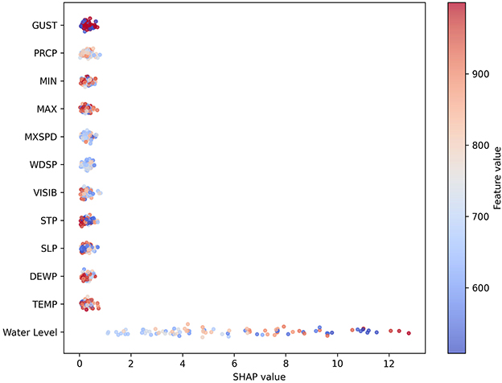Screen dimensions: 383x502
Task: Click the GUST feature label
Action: tap(44, 26)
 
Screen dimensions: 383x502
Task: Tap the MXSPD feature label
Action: tap(41, 137)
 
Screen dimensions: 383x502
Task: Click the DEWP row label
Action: tap(43, 276)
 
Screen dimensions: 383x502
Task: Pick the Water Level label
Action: tap(30, 332)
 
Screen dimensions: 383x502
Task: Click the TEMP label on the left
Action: tap(44, 304)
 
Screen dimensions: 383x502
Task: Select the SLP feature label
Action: tap(47, 248)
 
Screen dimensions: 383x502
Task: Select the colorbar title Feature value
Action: tap(496, 177)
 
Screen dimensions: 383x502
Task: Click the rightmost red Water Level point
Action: tap(409, 332)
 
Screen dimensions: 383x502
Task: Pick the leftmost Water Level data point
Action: tap(108, 332)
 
